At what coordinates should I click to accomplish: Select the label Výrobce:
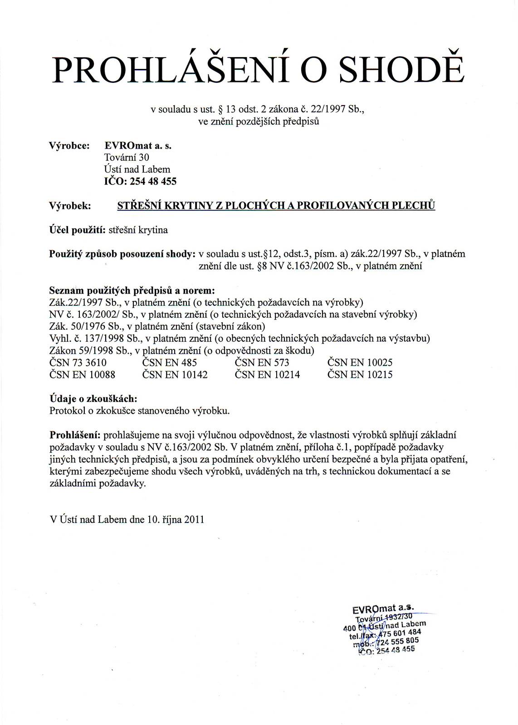pos(69,145)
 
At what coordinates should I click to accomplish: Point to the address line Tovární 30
pos(127,157)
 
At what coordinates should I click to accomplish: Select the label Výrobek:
pos(70,206)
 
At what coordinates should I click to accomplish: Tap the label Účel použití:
pos(77,230)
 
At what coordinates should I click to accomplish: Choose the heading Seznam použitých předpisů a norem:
pos(132,290)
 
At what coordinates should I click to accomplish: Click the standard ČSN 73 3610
pos(78,362)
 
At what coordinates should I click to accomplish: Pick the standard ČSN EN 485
pos(170,362)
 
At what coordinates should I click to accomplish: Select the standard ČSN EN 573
pos(262,362)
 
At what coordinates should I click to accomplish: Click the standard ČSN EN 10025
pos(360,362)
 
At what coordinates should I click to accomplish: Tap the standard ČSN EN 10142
pos(175,375)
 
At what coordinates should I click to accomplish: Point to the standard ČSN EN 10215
pos(360,375)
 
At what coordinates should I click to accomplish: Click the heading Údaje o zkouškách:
pos(93,399)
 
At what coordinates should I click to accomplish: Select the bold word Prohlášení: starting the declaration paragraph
pos(74,435)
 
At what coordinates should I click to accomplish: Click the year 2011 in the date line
pos(194,519)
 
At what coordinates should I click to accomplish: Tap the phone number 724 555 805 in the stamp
pos(397,642)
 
